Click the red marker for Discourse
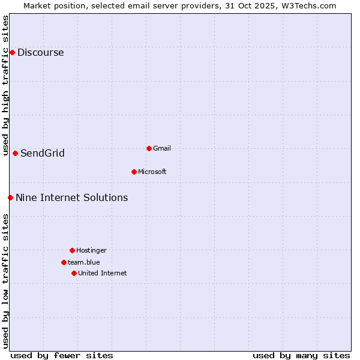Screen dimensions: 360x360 pyautogui.click(x=12, y=52)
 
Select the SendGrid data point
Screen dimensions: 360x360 pyautogui.click(x=15, y=153)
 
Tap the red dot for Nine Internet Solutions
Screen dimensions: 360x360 pyautogui.click(x=10, y=197)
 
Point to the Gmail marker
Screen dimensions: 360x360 pyautogui.click(x=149, y=148)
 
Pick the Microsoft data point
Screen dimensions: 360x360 pyautogui.click(x=134, y=172)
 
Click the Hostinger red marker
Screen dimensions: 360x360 pyautogui.click(x=72, y=250)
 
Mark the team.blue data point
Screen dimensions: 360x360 pyautogui.click(x=64, y=262)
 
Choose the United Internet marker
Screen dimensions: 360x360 pyautogui.click(x=74, y=273)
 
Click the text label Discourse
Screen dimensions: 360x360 pyautogui.click(x=40, y=52)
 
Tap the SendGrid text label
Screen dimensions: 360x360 pyautogui.click(x=42, y=153)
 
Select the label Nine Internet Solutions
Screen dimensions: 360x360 pyautogui.click(x=71, y=197)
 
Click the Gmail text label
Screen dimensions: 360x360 pyautogui.click(x=162, y=148)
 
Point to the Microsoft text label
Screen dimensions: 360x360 pyautogui.click(x=152, y=172)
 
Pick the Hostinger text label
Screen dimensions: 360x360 pyautogui.click(x=91, y=250)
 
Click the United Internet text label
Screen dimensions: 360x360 pyautogui.click(x=102, y=273)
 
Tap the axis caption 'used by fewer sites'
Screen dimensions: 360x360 pyautogui.click(x=62, y=355)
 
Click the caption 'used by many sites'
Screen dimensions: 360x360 pyautogui.click(x=301, y=355)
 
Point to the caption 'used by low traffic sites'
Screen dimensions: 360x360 pyautogui.click(x=5, y=281)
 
